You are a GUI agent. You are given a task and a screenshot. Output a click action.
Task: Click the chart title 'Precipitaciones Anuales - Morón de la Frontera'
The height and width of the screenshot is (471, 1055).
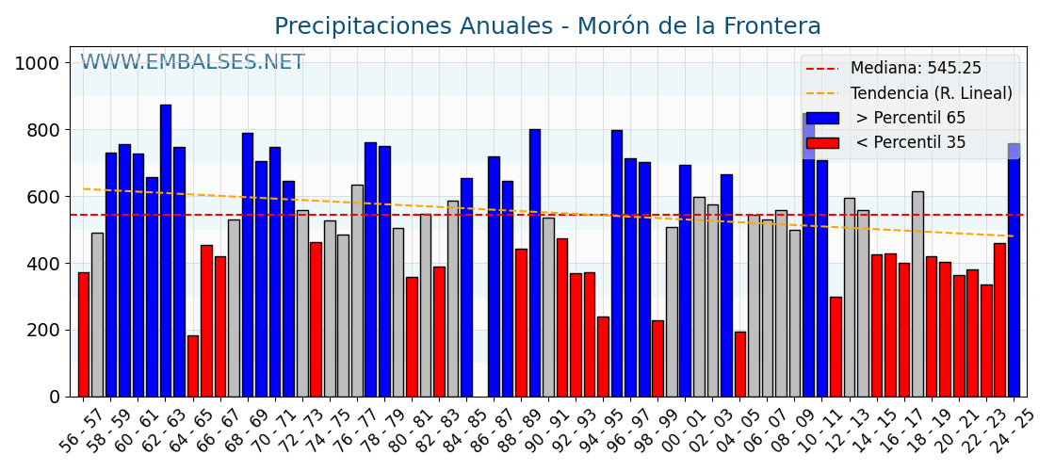point(547,26)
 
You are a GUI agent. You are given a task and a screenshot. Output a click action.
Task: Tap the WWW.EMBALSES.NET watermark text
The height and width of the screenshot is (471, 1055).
point(192,63)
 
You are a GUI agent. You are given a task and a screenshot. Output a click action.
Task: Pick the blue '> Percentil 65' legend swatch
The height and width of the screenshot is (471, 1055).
point(821,119)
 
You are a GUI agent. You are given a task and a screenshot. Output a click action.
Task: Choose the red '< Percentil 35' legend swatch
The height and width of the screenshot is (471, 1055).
point(821,143)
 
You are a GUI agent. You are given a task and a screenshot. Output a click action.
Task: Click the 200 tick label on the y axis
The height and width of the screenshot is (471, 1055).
point(42,331)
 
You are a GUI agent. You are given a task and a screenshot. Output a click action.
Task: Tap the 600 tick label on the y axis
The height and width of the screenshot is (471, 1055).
point(42,197)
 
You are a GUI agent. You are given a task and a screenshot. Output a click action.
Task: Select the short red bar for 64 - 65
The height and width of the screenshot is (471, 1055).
point(193,366)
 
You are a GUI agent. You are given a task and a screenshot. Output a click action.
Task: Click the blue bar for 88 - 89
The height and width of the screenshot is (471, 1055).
point(535,263)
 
